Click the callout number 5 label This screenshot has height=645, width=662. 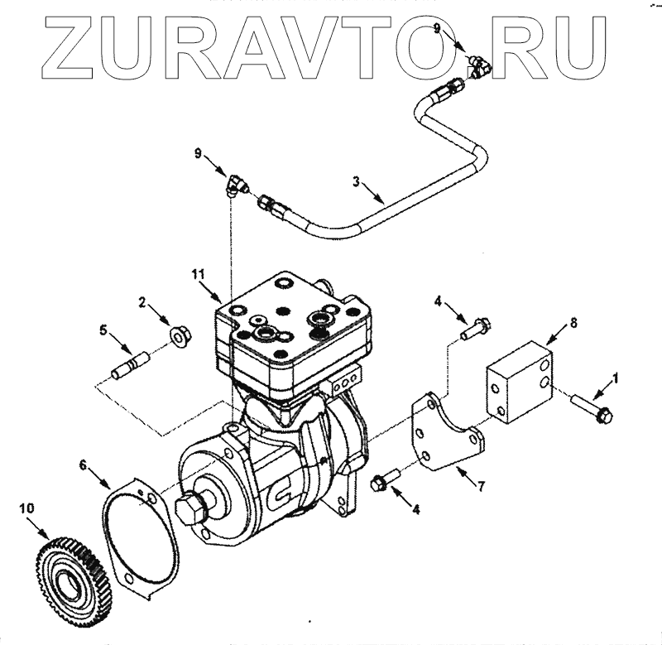click(x=103, y=330)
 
